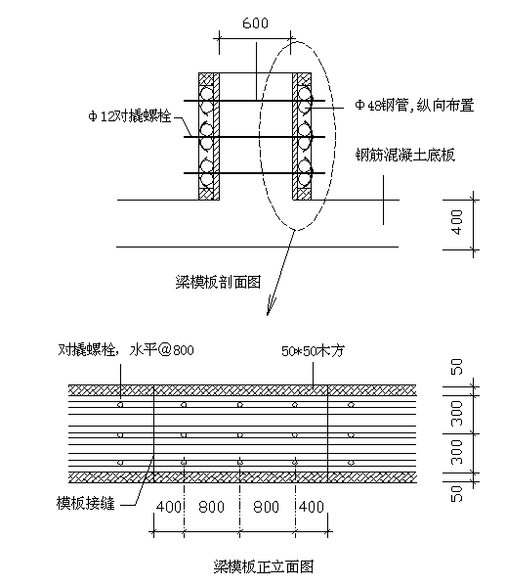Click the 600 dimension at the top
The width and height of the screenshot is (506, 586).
pos(255,23)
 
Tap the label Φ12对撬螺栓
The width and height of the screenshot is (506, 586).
pos(130,116)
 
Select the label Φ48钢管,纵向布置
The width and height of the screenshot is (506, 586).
pos(414,105)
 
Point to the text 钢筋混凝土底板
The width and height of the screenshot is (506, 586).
pos(405,155)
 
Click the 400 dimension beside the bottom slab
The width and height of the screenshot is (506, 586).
pos(457,222)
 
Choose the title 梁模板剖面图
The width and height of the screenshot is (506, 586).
pos(218,282)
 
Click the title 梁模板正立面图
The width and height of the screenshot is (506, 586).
pos(264,566)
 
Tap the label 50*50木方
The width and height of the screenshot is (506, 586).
pos(313,350)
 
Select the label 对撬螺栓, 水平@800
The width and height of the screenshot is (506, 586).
pos(126,350)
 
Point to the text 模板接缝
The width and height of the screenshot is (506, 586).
pos(85,503)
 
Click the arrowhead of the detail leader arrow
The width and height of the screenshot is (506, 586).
pos(270,309)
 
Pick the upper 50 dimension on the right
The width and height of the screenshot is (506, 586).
pos(457,367)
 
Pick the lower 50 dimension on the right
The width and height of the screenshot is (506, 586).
pos(457,493)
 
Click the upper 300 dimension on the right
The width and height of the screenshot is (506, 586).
pos(457,414)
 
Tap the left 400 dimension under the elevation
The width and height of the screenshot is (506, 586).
pos(169,507)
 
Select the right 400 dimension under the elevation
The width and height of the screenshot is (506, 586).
pos(312,507)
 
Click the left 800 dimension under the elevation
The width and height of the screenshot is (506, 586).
pos(212,507)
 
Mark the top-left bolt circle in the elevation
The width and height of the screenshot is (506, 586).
pos(120,404)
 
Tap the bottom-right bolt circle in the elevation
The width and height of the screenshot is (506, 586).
pos(351,463)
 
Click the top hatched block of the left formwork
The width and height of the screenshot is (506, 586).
pos(206,79)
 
